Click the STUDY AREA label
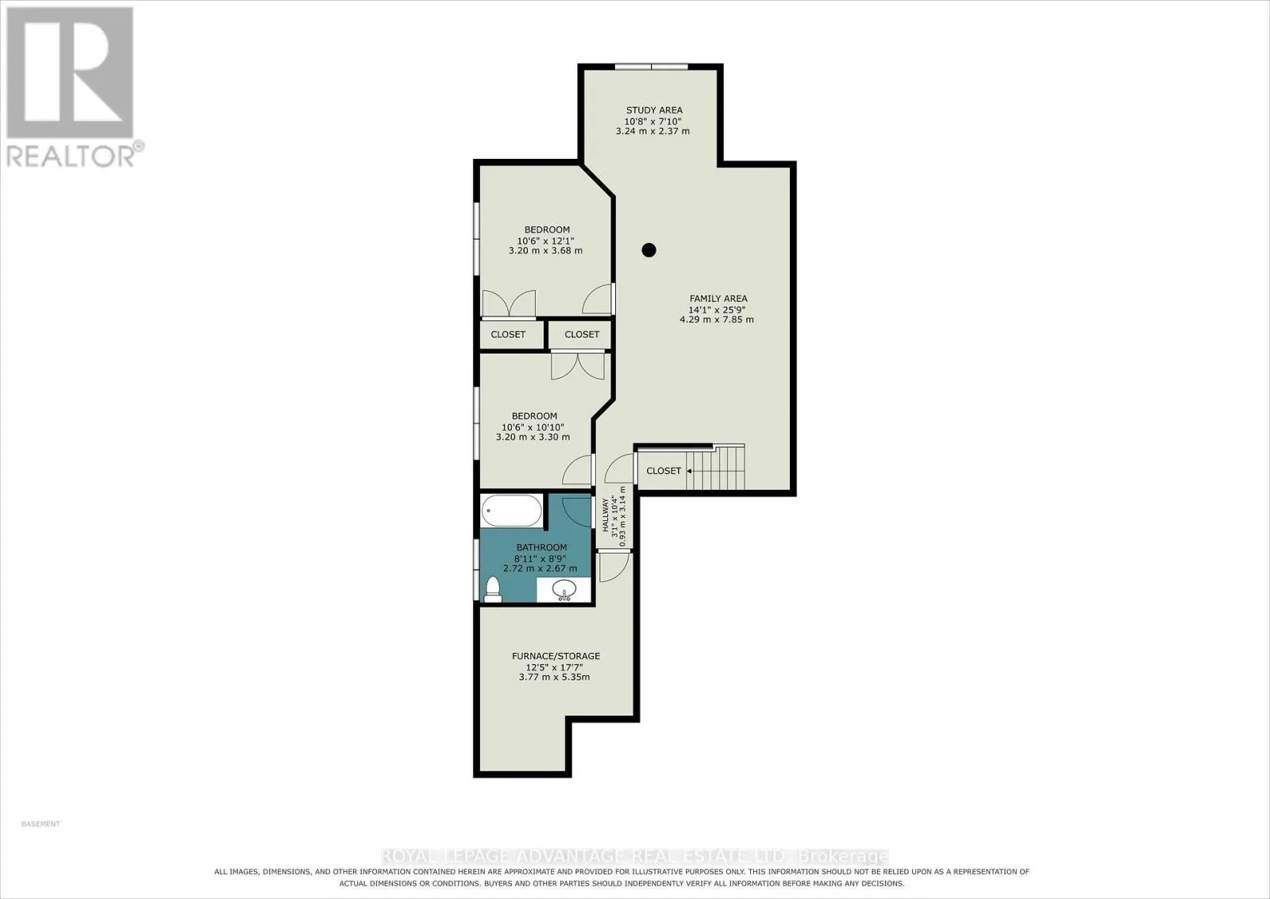pos(654,110)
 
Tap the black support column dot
pos(648,249)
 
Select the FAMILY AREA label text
pos(718,299)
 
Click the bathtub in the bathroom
pos(511,511)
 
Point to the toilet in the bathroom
pos(492,589)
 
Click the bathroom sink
pos(564,589)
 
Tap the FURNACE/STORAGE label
pos(556,656)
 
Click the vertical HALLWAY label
pos(605,516)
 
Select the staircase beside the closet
pos(715,467)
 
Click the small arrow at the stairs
pos(690,471)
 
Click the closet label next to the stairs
pos(664,471)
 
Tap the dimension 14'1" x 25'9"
pos(717,310)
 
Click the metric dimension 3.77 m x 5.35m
pos(554,677)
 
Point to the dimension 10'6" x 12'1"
pos(546,241)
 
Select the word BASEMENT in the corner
pos(40,824)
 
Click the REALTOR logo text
pos(71,156)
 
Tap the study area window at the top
pos(652,67)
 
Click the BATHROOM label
pos(541,547)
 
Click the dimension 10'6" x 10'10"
pos(533,427)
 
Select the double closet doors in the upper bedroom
pos(509,303)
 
